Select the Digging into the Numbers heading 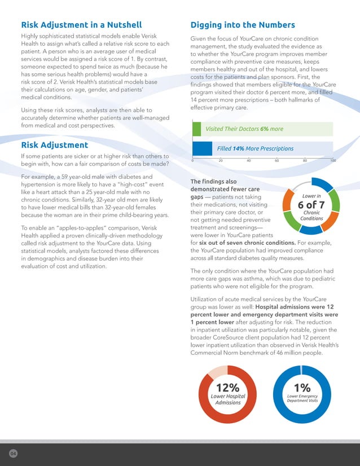coord(243,25)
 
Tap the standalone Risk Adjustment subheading coord(55,145)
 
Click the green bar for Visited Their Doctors coord(197,129)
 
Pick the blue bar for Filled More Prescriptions coord(202,148)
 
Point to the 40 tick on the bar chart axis coord(249,160)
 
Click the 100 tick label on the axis coord(333,160)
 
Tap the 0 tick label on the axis coord(193,160)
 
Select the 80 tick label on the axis coord(305,160)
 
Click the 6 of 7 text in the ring coord(311,205)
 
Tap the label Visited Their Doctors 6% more coord(244,129)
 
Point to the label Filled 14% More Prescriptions coord(255,148)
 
